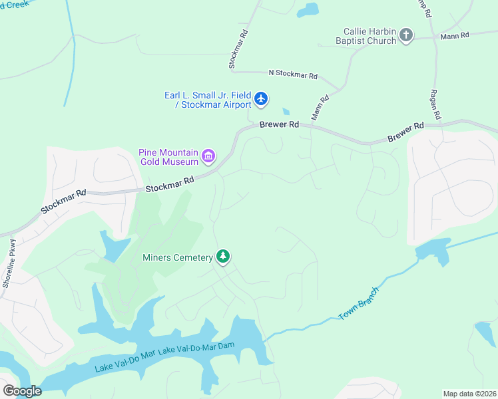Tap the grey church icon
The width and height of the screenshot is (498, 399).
coord(406,35)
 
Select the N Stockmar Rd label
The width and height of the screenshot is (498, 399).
coord(293,74)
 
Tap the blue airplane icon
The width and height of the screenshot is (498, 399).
coord(260,100)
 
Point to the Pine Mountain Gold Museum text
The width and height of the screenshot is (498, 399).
coord(168,157)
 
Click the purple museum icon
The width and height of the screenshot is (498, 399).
coord(208,157)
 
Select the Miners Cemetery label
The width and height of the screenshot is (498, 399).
coord(177,257)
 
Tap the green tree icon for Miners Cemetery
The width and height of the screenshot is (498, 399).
coord(223,257)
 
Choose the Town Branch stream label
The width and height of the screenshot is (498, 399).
coord(359,304)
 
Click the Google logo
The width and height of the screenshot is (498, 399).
coord(22,391)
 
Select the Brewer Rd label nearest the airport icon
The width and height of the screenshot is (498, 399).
coord(279,124)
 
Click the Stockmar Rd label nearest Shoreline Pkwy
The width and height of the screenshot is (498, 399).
coord(63,201)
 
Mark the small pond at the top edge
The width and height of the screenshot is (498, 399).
coord(308,10)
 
